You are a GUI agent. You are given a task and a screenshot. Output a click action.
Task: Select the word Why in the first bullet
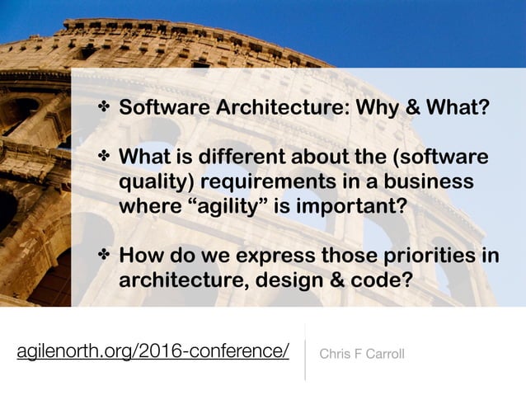350,108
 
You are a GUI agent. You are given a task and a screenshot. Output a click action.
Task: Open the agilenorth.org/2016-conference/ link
153,353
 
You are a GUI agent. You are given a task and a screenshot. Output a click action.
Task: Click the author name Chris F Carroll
361,355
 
